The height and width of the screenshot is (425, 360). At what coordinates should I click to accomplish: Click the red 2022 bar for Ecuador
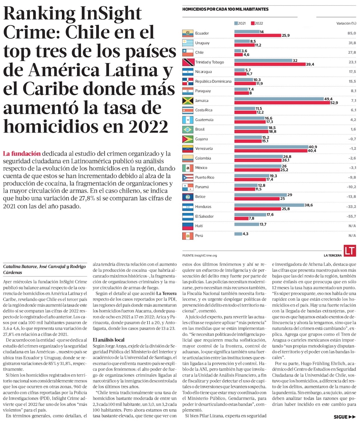(x=258, y=36)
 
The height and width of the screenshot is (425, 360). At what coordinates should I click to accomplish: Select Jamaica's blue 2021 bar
(x=279, y=99)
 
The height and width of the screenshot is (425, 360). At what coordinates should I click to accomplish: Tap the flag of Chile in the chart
(x=188, y=52)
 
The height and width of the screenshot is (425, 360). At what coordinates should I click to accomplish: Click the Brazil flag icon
(x=188, y=129)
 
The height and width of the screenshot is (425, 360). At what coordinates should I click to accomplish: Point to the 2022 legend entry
(x=257, y=23)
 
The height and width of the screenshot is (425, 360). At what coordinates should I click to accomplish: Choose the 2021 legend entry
(x=240, y=23)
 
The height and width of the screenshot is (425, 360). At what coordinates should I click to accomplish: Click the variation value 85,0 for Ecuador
(x=352, y=33)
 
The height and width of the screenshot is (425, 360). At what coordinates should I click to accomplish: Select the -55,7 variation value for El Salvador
(x=351, y=216)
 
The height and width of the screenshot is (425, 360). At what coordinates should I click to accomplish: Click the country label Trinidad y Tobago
(x=210, y=62)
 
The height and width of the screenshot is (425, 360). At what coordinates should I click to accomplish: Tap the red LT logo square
(x=350, y=251)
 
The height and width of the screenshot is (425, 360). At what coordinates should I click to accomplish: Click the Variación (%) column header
(x=346, y=23)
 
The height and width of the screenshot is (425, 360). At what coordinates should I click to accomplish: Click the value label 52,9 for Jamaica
(x=334, y=103)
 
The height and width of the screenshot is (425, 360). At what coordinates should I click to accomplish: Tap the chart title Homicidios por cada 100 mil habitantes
(x=225, y=9)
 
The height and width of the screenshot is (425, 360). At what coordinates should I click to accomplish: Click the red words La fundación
(x=22, y=154)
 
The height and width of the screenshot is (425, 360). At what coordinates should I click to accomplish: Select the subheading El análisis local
(x=109, y=340)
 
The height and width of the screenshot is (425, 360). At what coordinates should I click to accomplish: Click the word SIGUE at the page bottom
(x=340, y=417)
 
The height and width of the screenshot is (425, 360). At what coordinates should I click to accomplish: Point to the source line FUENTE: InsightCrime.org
(x=200, y=255)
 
